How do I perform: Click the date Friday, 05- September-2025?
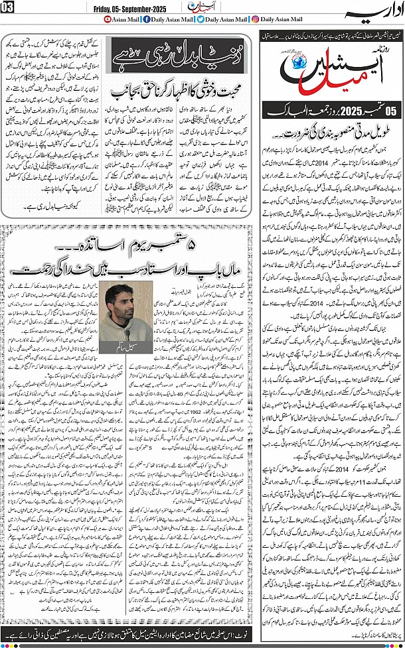point(102,7)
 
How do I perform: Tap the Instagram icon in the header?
point(256,20)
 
